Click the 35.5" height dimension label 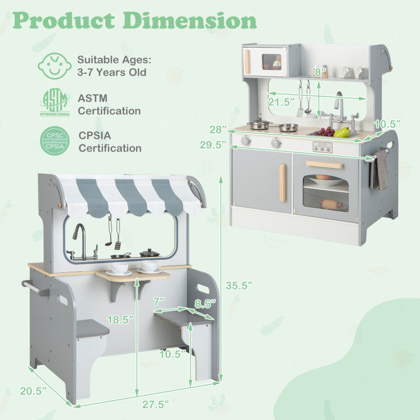(x=239, y=286)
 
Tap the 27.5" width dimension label (x=156, y=404)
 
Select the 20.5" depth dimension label (x=33, y=391)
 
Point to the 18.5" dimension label (x=120, y=320)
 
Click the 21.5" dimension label (x=281, y=102)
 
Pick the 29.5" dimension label (x=213, y=145)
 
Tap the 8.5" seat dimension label (x=205, y=304)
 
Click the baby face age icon (x=55, y=66)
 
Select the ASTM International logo (x=55, y=102)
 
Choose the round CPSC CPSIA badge (x=55, y=141)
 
